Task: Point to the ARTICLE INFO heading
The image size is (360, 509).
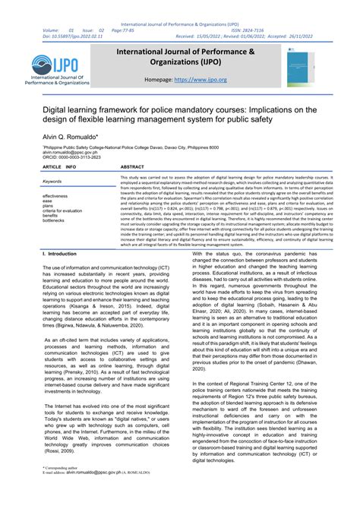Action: point(59,166)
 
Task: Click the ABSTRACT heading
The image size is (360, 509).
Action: point(132,166)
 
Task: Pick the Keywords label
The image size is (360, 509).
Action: point(52,182)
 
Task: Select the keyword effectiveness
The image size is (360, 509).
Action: point(56,195)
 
